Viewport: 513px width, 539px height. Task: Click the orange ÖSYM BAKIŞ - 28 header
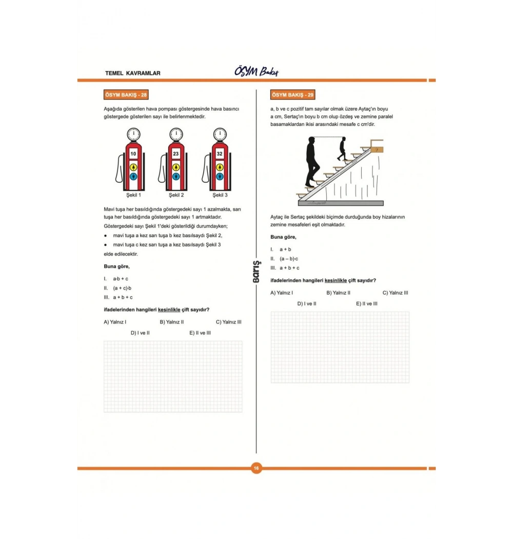126,95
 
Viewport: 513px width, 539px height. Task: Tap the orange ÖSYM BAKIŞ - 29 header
293,95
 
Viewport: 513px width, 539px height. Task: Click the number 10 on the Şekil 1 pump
133,153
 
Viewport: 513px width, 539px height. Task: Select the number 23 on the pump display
176,153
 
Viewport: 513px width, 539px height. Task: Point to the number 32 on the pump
220,153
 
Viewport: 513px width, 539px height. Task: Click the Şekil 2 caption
176,195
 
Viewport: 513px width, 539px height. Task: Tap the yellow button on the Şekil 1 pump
133,167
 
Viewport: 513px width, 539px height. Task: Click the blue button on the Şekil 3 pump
220,177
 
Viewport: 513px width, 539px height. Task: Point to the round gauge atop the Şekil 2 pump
176,134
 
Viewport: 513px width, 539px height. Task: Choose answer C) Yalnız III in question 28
228,322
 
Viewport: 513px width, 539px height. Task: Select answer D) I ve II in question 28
140,333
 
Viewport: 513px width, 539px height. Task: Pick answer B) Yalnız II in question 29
338,293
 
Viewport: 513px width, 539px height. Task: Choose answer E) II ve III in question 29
367,303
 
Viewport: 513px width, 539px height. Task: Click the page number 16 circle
256,468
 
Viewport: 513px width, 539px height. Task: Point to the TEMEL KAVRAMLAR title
132,73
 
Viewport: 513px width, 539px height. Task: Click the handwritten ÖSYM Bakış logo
256,71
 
